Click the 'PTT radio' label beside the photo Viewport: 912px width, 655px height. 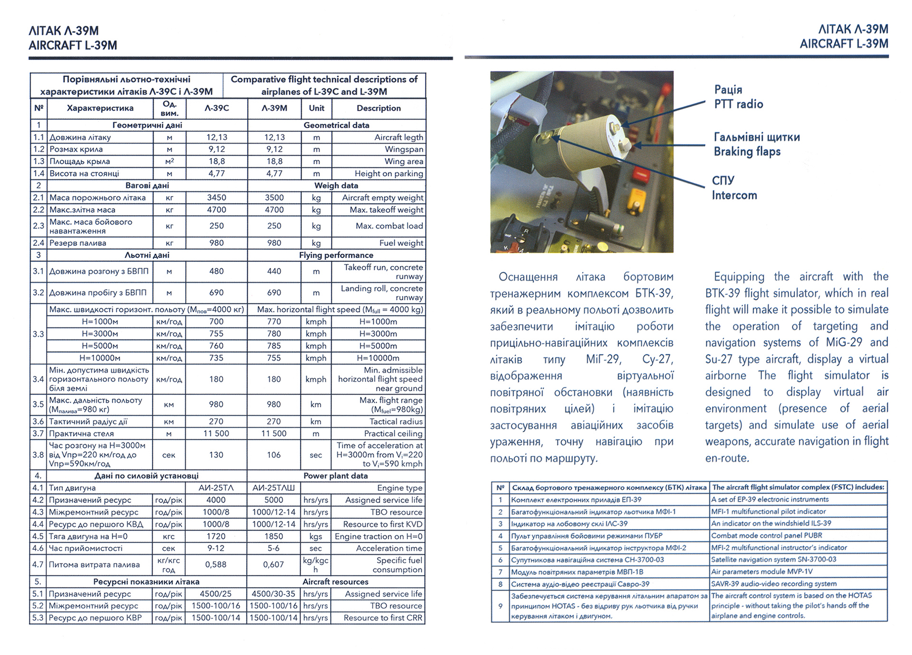coord(738,104)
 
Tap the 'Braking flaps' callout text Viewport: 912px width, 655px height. coord(747,152)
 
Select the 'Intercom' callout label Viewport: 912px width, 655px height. coord(734,195)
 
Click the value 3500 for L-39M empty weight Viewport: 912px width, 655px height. coord(274,198)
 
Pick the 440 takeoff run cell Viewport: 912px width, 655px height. coord(274,271)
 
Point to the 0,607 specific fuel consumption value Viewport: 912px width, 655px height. coord(273,565)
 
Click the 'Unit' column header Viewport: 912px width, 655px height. coord(316,109)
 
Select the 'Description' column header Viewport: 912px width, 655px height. coord(378,109)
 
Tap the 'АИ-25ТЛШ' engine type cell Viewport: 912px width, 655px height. coord(274,488)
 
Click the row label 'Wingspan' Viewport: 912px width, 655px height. coord(404,149)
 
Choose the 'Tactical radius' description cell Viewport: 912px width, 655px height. coord(396,422)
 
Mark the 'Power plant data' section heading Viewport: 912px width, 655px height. coord(336,476)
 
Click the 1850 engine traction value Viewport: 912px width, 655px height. coord(274,536)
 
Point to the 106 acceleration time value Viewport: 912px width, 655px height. coord(274,455)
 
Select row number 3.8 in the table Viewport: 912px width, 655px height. coord(38,455)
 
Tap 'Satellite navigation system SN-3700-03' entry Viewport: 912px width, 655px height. coord(773,559)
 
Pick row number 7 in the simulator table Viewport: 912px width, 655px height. coord(500,572)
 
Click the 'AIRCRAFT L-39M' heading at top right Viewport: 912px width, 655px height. coord(843,44)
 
